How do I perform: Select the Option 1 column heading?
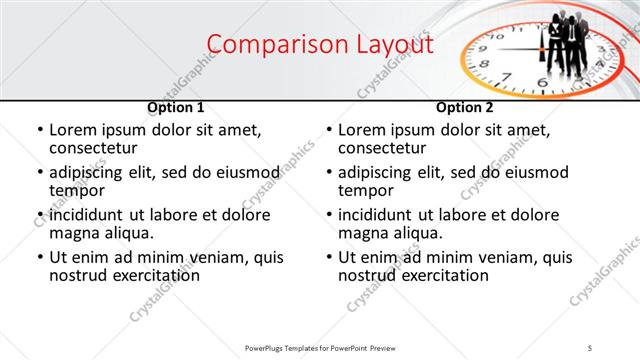click(x=176, y=107)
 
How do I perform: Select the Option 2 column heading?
click(x=464, y=107)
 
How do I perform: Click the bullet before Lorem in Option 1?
click(x=39, y=130)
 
